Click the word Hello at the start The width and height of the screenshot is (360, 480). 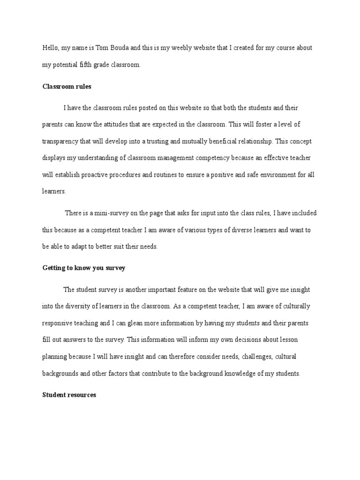pyautogui.click(x=49, y=48)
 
